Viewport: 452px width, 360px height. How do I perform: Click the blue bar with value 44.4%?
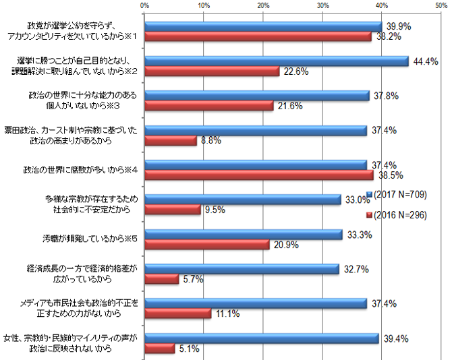click(277, 61)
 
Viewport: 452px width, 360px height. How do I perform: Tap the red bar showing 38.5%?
click(259, 174)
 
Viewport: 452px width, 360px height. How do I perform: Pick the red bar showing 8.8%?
click(171, 141)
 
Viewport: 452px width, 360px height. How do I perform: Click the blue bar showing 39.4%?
click(262, 338)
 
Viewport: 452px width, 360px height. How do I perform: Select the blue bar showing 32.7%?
click(242, 268)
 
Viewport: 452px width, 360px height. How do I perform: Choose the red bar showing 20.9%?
click(207, 244)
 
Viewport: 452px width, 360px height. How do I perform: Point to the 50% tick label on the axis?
click(441, 5)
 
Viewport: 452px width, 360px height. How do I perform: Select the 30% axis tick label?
click(322, 5)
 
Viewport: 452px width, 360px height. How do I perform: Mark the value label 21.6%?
click(289, 107)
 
